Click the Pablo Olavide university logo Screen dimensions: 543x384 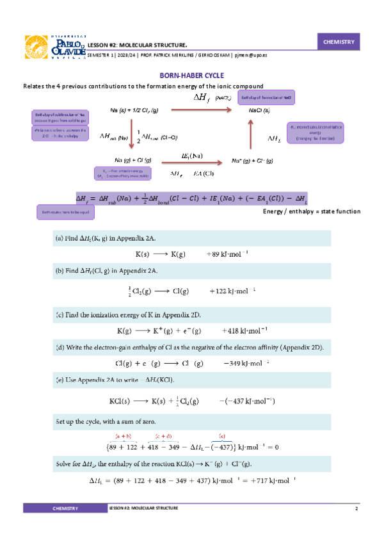coord(54,46)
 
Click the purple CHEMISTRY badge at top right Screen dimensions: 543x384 coord(339,42)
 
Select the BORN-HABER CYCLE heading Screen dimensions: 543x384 coord(191,75)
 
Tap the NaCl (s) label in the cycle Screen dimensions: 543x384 coord(259,110)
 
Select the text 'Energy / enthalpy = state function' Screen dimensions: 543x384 coord(312,211)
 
